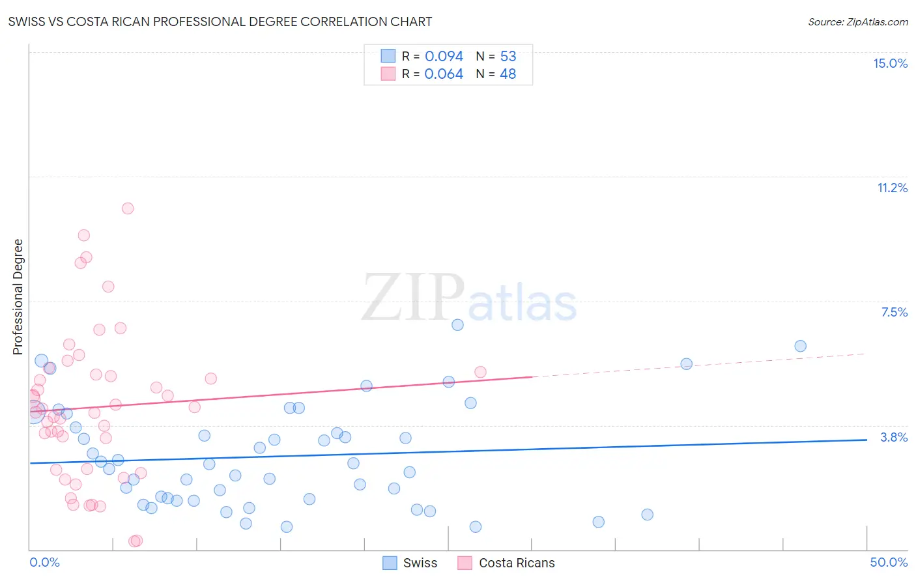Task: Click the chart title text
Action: [220, 21]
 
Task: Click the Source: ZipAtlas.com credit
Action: [857, 22]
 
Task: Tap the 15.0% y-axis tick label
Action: [890, 63]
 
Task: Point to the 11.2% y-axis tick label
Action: [892, 188]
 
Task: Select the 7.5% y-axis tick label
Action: [894, 312]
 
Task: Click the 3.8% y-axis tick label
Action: [894, 437]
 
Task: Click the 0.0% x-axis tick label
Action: [44, 562]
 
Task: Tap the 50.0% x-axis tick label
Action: [889, 562]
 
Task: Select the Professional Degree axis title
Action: [18, 297]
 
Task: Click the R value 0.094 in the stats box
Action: [444, 56]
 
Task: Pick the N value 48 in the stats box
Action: [508, 74]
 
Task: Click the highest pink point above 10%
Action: [128, 208]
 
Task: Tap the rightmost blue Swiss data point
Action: [801, 346]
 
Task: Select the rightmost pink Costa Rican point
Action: [480, 372]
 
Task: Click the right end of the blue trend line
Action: [866, 440]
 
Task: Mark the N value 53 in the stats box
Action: [508, 56]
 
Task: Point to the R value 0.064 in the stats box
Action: [444, 74]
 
